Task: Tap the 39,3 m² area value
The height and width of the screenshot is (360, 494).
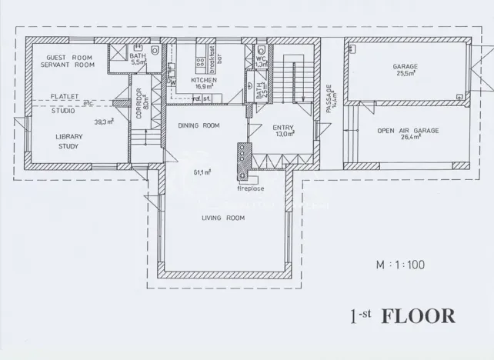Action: tap(104, 122)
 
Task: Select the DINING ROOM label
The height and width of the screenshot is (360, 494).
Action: tap(199, 125)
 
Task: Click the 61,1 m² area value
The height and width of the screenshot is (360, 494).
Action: tap(202, 172)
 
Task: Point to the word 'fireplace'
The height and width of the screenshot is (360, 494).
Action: tap(250, 188)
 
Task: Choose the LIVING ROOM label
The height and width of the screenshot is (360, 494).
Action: tap(223, 218)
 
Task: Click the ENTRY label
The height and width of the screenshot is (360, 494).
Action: tap(283, 128)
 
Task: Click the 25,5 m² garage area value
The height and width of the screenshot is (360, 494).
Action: tap(406, 75)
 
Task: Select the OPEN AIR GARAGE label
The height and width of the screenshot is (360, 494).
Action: tap(408, 131)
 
